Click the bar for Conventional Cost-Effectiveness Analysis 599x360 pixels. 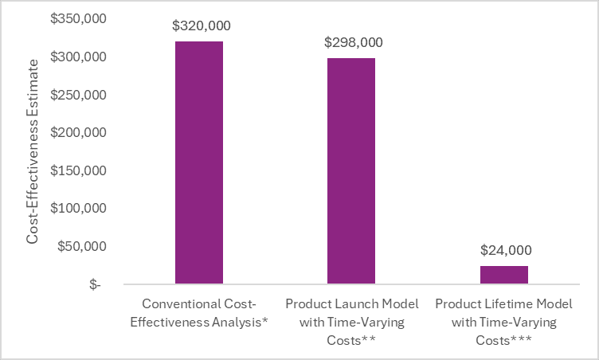pos(199,162)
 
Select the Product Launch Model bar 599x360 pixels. pos(351,170)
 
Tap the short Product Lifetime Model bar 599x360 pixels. pos(504,275)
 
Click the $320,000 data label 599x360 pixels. pos(199,25)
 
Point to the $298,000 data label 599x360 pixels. pos(351,43)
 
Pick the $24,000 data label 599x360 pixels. pos(504,250)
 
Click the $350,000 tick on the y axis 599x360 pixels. pos(78,19)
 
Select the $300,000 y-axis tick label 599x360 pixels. pos(78,57)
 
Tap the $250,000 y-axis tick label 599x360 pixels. pos(78,95)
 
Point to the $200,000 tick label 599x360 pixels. pos(78,133)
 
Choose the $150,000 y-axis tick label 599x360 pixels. pos(78,170)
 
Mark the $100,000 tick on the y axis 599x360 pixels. pos(78,209)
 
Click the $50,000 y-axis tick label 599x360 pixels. pos(81,246)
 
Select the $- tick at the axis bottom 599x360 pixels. pos(95,284)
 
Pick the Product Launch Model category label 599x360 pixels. pos(351,323)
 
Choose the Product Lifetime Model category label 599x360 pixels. pos(504,323)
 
